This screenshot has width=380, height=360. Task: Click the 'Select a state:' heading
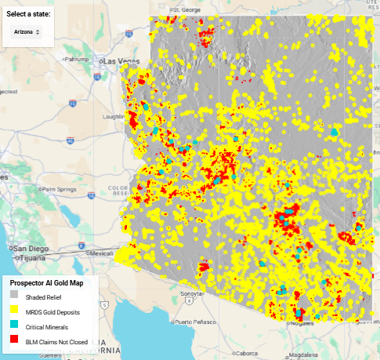click(28, 14)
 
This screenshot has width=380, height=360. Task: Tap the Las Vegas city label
click(120, 61)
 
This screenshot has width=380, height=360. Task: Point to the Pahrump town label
click(77, 58)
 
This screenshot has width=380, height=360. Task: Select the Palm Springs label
click(60, 189)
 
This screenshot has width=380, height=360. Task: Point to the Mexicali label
click(100, 253)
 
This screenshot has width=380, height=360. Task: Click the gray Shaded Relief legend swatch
click(13, 297)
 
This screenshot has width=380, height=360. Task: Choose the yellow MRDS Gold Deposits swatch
click(13, 312)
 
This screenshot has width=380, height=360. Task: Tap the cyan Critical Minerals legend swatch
click(13, 327)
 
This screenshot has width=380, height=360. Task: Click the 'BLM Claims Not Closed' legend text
click(56, 342)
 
